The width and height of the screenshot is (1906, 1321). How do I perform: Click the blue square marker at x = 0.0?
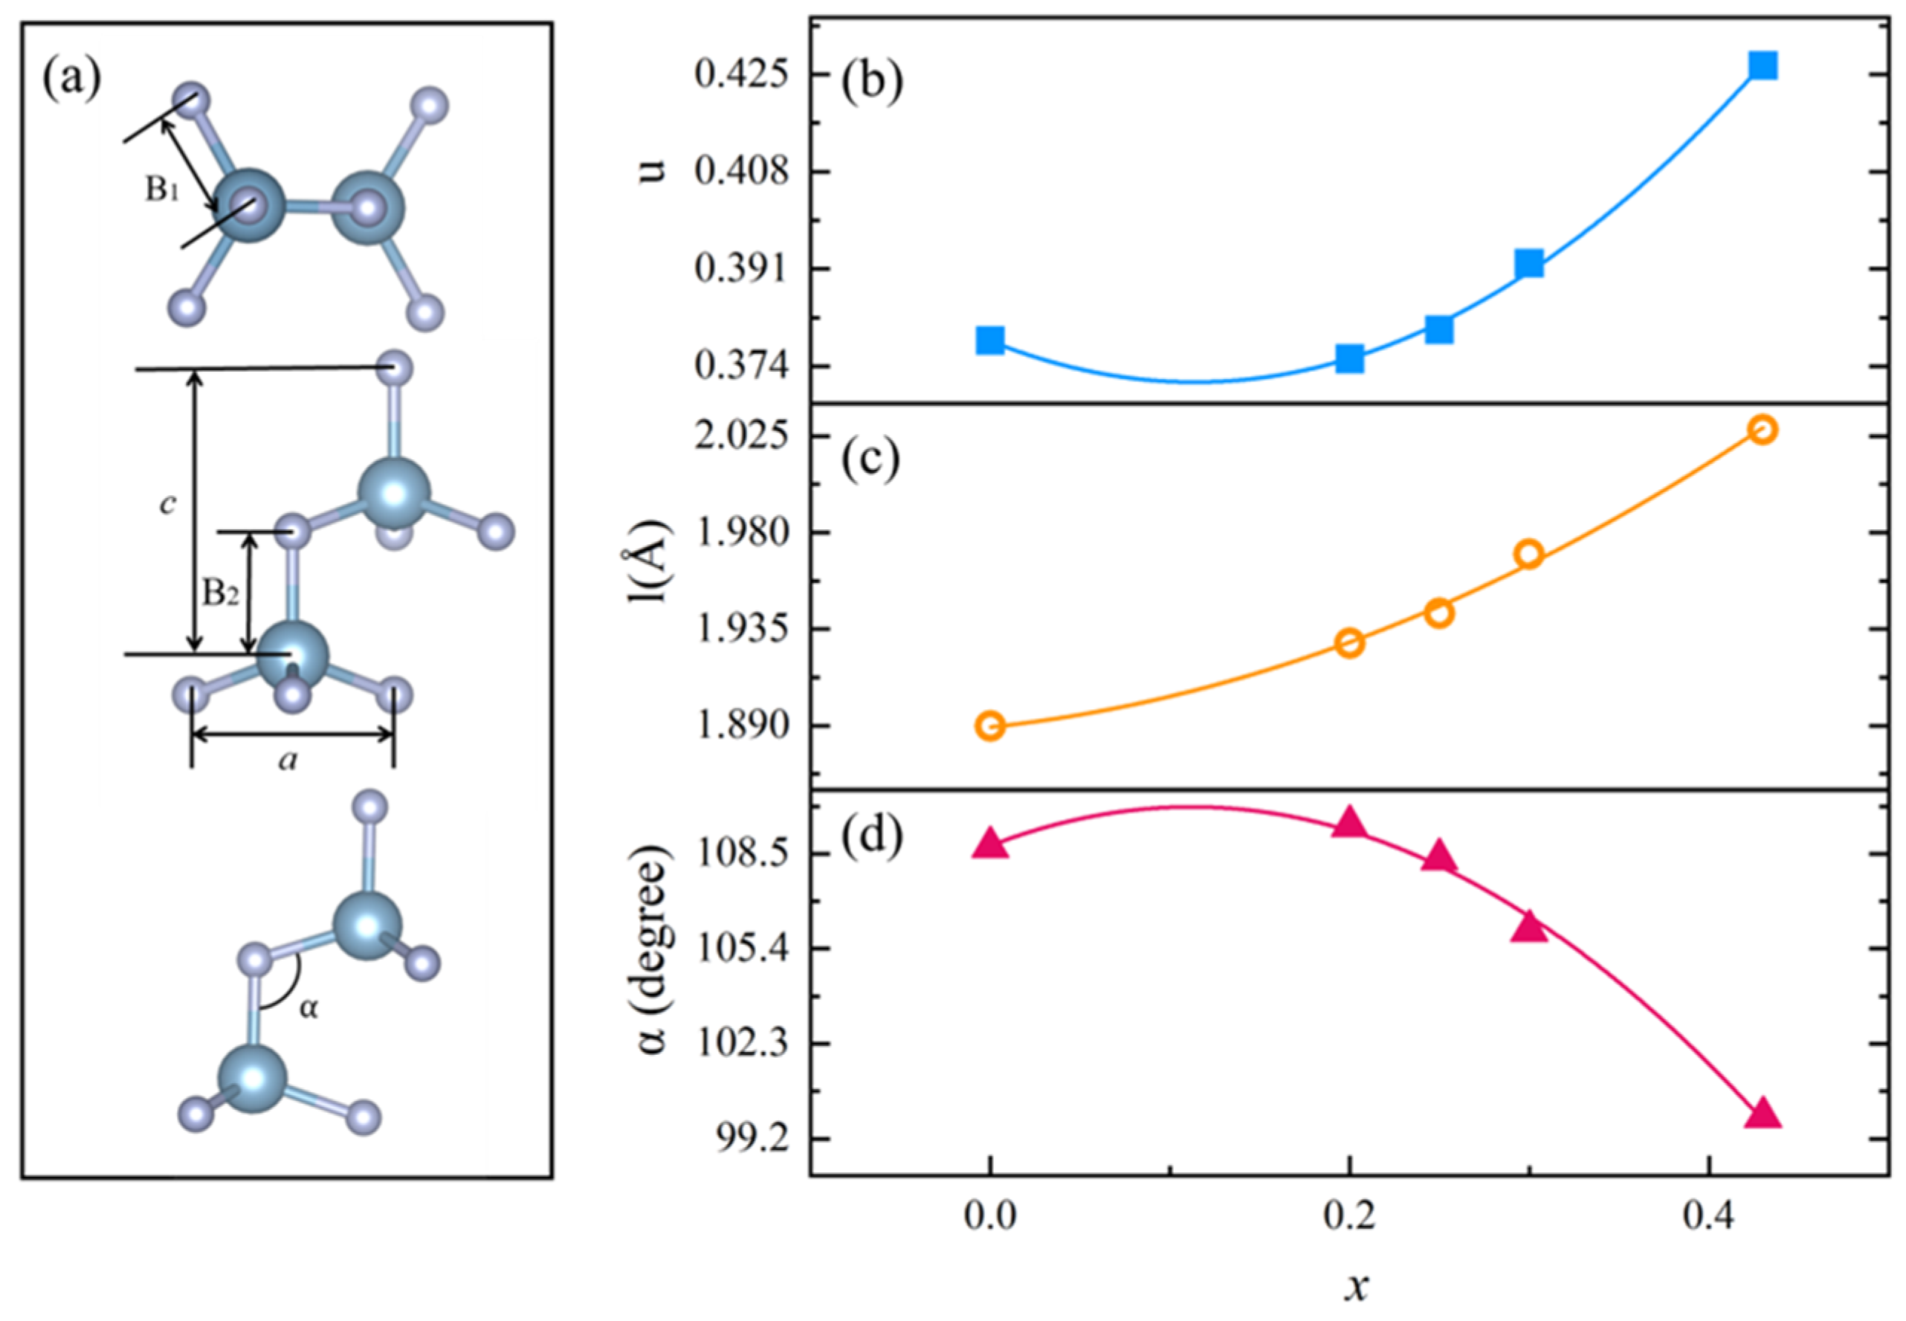(990, 339)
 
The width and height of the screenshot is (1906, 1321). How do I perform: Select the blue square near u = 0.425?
(1763, 65)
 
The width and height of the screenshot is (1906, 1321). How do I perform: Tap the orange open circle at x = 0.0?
(990, 726)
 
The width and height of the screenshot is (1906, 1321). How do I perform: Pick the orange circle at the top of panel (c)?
(1763, 429)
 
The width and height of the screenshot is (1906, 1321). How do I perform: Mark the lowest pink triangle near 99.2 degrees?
(1763, 1114)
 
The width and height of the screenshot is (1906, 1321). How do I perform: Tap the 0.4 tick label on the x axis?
(1709, 1218)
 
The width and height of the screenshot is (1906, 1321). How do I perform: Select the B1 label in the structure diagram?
(162, 190)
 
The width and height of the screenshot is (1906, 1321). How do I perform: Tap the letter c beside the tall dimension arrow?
(168, 504)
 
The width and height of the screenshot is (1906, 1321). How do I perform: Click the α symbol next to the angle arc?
(308, 1008)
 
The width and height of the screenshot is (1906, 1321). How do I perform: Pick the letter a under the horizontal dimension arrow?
(287, 760)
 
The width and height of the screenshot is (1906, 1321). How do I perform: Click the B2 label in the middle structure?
(220, 592)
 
